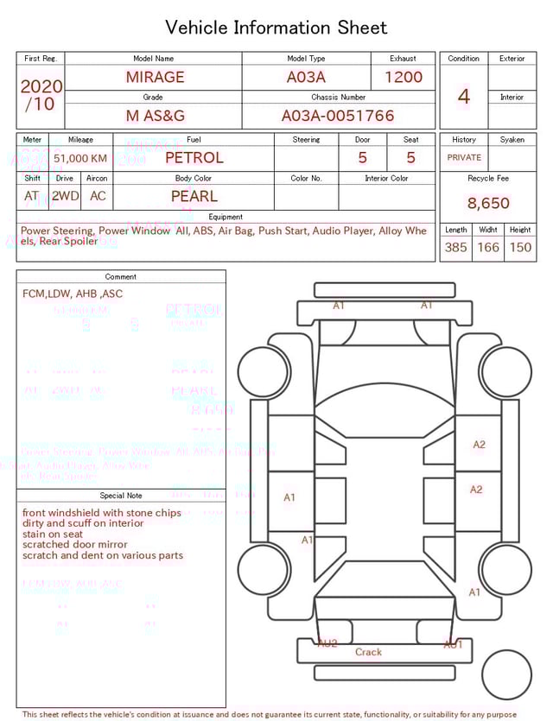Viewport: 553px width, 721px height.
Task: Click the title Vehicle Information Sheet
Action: coord(276,28)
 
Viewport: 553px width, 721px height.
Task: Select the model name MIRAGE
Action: coord(155,77)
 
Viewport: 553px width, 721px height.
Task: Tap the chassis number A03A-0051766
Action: coord(338,116)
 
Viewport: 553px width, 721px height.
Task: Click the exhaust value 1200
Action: coord(403,77)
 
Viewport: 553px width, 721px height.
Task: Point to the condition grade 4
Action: coord(463,97)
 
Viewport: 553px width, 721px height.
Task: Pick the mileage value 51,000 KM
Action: coord(80,159)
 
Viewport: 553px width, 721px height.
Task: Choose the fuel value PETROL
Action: coord(194,158)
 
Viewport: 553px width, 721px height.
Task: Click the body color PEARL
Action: coord(194,196)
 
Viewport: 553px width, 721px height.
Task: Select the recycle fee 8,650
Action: coord(488,204)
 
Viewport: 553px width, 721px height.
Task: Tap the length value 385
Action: coord(455,248)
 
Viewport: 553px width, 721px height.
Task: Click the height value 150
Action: coord(520,248)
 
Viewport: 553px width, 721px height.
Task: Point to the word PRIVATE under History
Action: coord(464,158)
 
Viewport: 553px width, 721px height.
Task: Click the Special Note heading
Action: coord(121,496)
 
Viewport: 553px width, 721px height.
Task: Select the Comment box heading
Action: coord(121,277)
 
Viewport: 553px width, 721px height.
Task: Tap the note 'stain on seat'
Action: coord(54,534)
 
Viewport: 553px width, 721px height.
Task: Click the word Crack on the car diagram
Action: coord(368,652)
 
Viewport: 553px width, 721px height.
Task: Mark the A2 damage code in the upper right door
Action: coord(479,445)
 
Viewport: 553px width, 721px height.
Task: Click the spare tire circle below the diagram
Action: coord(506,674)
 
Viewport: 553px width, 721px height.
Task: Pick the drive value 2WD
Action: coord(65,196)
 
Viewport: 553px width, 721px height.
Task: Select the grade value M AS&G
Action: coord(155,116)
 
